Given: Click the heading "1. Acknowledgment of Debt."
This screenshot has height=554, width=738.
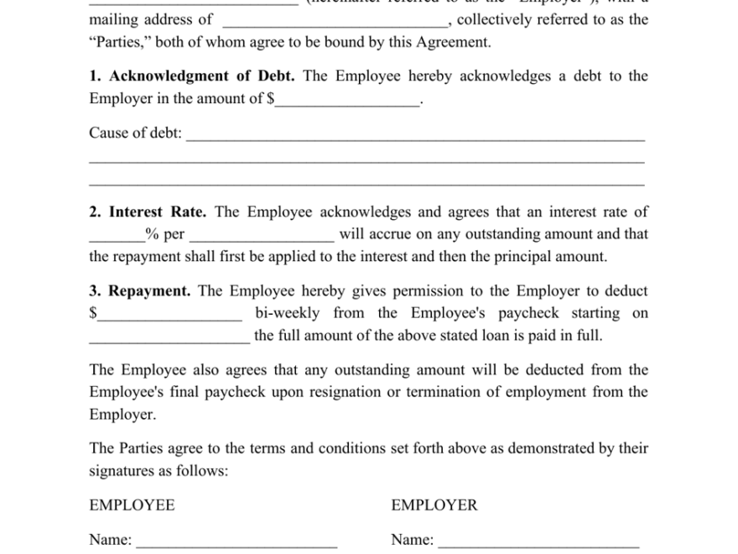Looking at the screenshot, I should [192, 76].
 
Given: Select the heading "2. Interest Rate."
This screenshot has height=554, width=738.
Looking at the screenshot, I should [148, 212].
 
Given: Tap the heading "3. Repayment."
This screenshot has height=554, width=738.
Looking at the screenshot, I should [140, 291].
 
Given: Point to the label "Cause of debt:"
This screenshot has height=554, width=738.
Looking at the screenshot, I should [135, 133].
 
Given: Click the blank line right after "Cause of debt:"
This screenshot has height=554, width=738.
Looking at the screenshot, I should [415, 135].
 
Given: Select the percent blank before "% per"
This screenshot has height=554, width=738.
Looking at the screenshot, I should [117, 237].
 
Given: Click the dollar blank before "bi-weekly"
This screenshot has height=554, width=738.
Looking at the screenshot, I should [170, 316].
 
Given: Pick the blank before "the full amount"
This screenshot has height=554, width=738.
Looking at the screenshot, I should [169, 338].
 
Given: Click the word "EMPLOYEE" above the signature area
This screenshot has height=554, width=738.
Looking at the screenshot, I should [132, 505].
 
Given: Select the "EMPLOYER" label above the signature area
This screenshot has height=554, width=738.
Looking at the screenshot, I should [434, 505].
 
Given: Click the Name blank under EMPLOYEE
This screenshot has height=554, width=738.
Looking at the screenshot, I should [236, 543].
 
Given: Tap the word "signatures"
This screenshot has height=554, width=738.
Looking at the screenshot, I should [127, 471].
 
